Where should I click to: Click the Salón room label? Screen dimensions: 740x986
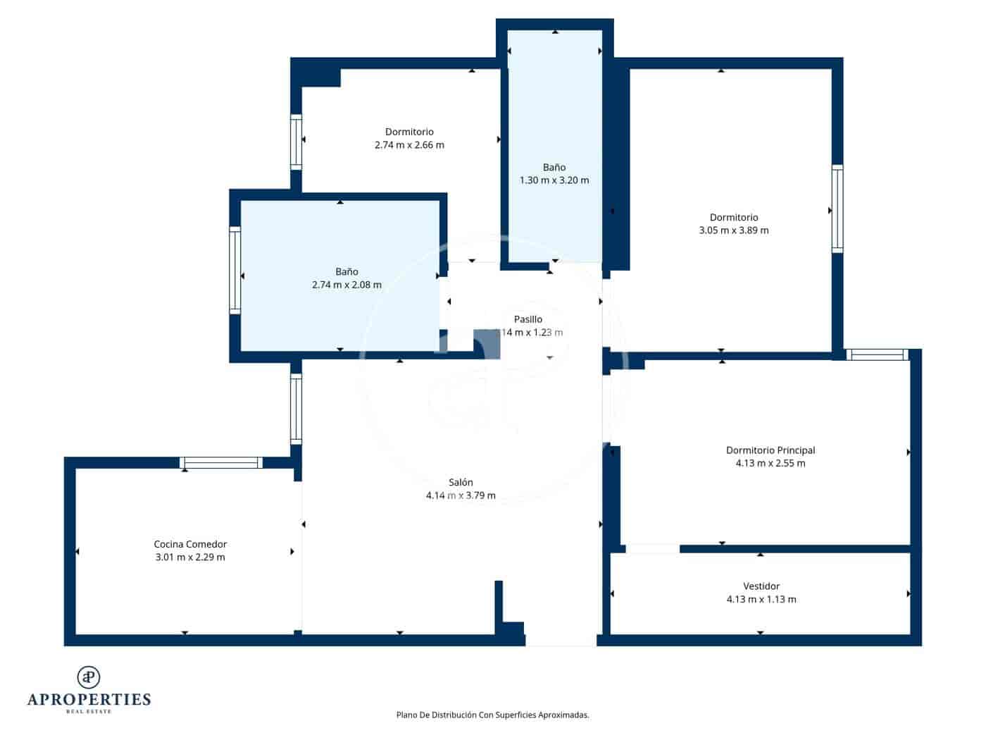[461, 483]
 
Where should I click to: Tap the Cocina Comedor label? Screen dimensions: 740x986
[190, 544]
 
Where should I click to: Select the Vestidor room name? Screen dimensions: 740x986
[761, 586]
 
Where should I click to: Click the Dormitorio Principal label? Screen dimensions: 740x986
[770, 450]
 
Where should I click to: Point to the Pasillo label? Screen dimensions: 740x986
[528, 319]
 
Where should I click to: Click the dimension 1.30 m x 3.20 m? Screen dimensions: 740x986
[554, 180]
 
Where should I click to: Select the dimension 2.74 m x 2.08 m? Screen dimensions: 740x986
[347, 285]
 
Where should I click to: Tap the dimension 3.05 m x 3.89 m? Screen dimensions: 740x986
[734, 230]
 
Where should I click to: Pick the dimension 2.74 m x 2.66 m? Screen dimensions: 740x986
[409, 145]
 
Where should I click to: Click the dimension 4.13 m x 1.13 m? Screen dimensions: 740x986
[761, 600]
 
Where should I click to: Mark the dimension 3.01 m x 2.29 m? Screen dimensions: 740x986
[190, 557]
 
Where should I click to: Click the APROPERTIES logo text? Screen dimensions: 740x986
[89, 700]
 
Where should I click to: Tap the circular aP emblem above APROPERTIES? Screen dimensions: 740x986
[89, 677]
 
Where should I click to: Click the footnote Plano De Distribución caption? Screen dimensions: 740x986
[492, 715]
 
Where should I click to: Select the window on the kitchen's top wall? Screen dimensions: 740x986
[221, 463]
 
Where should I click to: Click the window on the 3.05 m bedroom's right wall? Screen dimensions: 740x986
[837, 209]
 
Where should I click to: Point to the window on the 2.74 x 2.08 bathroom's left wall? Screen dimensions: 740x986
[235, 270]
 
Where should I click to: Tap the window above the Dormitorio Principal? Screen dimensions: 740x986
[877, 354]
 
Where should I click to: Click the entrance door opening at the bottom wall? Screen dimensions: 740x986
[561, 640]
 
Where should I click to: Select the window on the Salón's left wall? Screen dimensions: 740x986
[297, 409]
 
